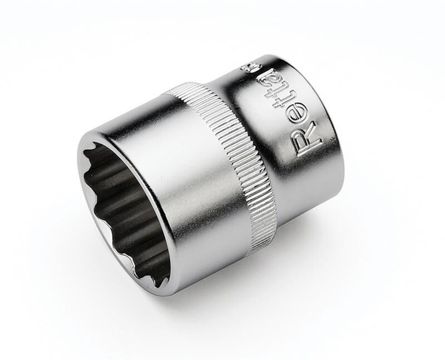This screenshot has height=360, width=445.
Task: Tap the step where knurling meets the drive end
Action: pyautogui.click(x=261, y=167)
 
